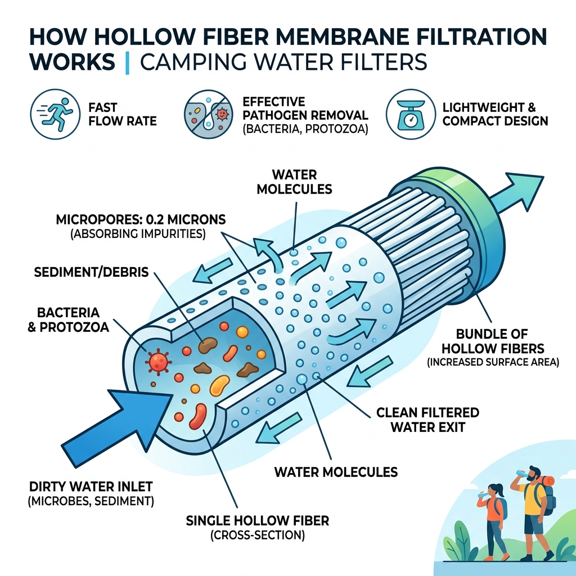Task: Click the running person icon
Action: pos(53,114)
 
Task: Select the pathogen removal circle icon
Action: pos(208,114)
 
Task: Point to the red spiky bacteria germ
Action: pos(158,360)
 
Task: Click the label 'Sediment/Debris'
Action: pos(92,273)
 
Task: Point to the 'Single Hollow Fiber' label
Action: pos(257,521)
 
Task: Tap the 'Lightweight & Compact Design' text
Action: pos(495,114)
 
